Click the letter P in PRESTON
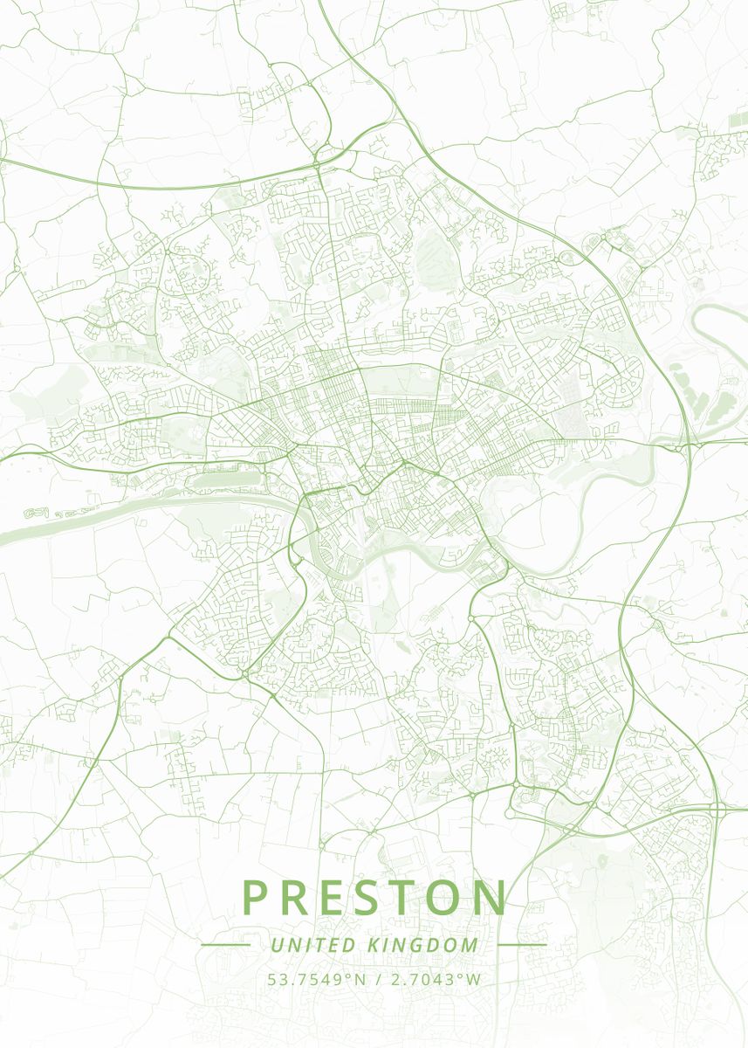point(254,898)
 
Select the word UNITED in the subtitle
point(312,945)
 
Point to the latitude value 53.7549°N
point(316,979)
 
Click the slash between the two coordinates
point(375,979)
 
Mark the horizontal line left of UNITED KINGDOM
point(225,945)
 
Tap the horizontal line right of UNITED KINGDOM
point(521,945)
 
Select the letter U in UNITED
point(277,945)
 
